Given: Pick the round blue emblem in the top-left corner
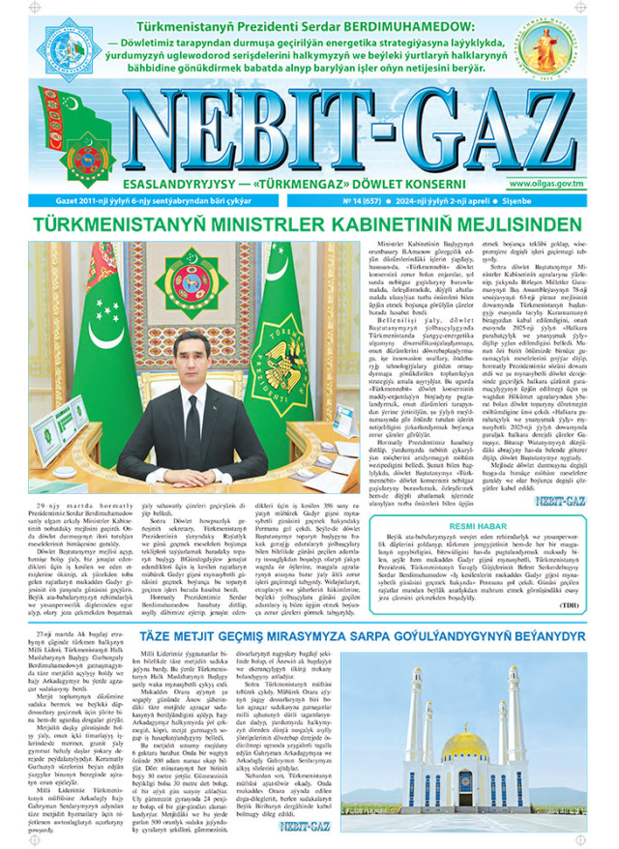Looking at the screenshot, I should (x=67, y=44).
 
